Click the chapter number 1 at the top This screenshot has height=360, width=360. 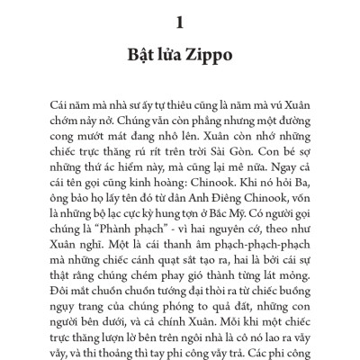[180, 19]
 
